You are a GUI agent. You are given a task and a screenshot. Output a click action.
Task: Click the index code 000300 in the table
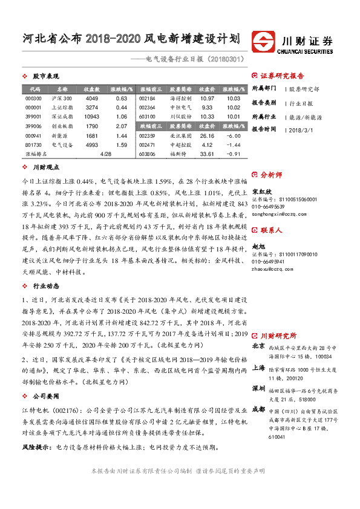pos(34,98)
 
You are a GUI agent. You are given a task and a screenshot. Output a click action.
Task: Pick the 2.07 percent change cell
pos(121,126)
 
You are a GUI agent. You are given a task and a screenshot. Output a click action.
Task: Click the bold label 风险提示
pos(34,447)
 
